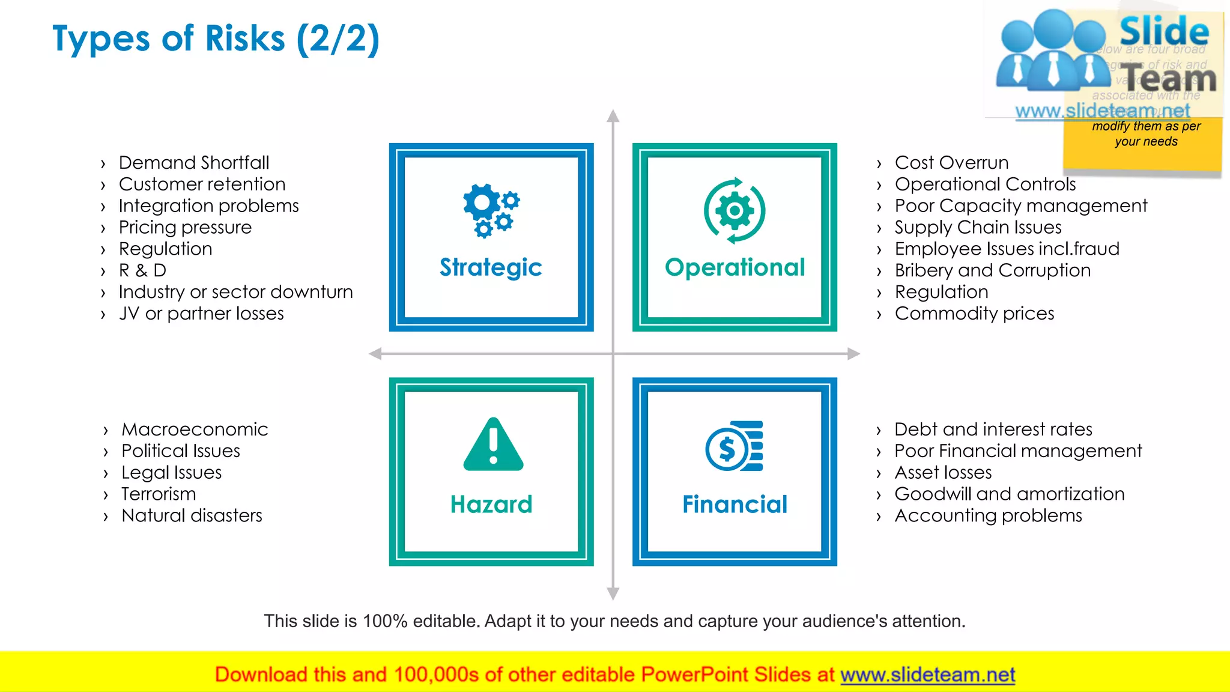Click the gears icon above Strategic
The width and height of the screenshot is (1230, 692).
(491, 210)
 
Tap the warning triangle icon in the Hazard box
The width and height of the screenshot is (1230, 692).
(493, 445)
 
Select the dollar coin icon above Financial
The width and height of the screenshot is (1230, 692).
(734, 446)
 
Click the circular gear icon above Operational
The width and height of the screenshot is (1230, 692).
(734, 211)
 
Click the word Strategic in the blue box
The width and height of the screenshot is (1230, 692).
(491, 267)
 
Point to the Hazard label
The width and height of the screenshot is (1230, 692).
(491, 504)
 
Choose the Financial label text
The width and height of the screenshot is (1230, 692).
(735, 504)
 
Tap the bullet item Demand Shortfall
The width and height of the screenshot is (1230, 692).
(193, 163)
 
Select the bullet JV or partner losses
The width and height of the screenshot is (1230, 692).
(201, 314)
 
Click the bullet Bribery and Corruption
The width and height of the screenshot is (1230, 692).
(992, 270)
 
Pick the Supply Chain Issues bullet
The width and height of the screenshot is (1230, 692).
(978, 227)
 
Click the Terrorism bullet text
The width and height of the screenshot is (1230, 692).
(159, 494)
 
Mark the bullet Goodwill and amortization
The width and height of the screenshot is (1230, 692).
(1009, 494)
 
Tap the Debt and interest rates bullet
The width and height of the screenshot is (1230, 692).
(993, 429)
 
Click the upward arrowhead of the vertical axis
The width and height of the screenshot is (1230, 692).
(613, 115)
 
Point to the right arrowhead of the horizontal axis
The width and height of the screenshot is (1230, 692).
(853, 354)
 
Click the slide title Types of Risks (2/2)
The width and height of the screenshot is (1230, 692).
(216, 39)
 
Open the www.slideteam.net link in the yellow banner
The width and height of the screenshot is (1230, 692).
(927, 675)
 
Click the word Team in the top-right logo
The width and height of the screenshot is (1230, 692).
(1169, 78)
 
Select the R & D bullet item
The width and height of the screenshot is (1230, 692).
(142, 270)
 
